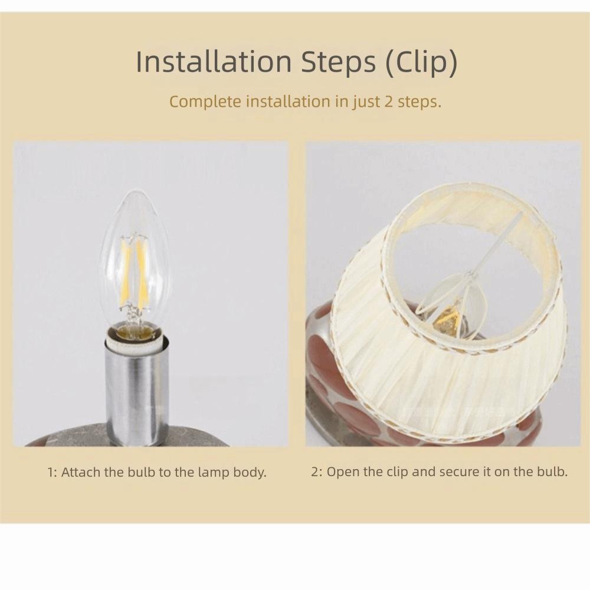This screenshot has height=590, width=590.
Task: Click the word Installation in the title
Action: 214,62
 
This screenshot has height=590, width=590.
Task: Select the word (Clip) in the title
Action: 421,63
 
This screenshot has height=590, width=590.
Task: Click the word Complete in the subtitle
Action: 205,101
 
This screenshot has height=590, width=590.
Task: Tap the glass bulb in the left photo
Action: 135,260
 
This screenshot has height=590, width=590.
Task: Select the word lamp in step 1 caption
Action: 217,472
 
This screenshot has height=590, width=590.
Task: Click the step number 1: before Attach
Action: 52,472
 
